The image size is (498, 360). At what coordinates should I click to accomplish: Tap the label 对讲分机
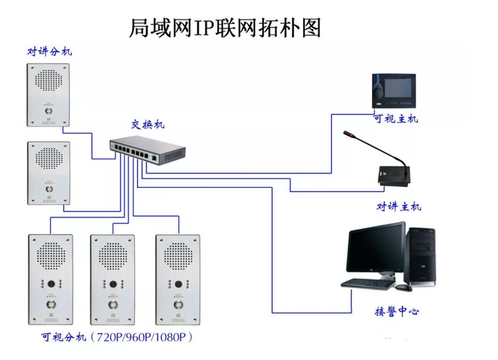pos(50,51)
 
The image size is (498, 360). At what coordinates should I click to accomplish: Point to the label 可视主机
pos(395,119)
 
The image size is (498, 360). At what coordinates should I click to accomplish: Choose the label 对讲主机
pos(398,206)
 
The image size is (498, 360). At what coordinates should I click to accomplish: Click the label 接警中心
pos(396,311)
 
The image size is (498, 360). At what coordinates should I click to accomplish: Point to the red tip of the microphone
pos(346,134)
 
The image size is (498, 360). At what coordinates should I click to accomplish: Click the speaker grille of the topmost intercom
pos(49,83)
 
